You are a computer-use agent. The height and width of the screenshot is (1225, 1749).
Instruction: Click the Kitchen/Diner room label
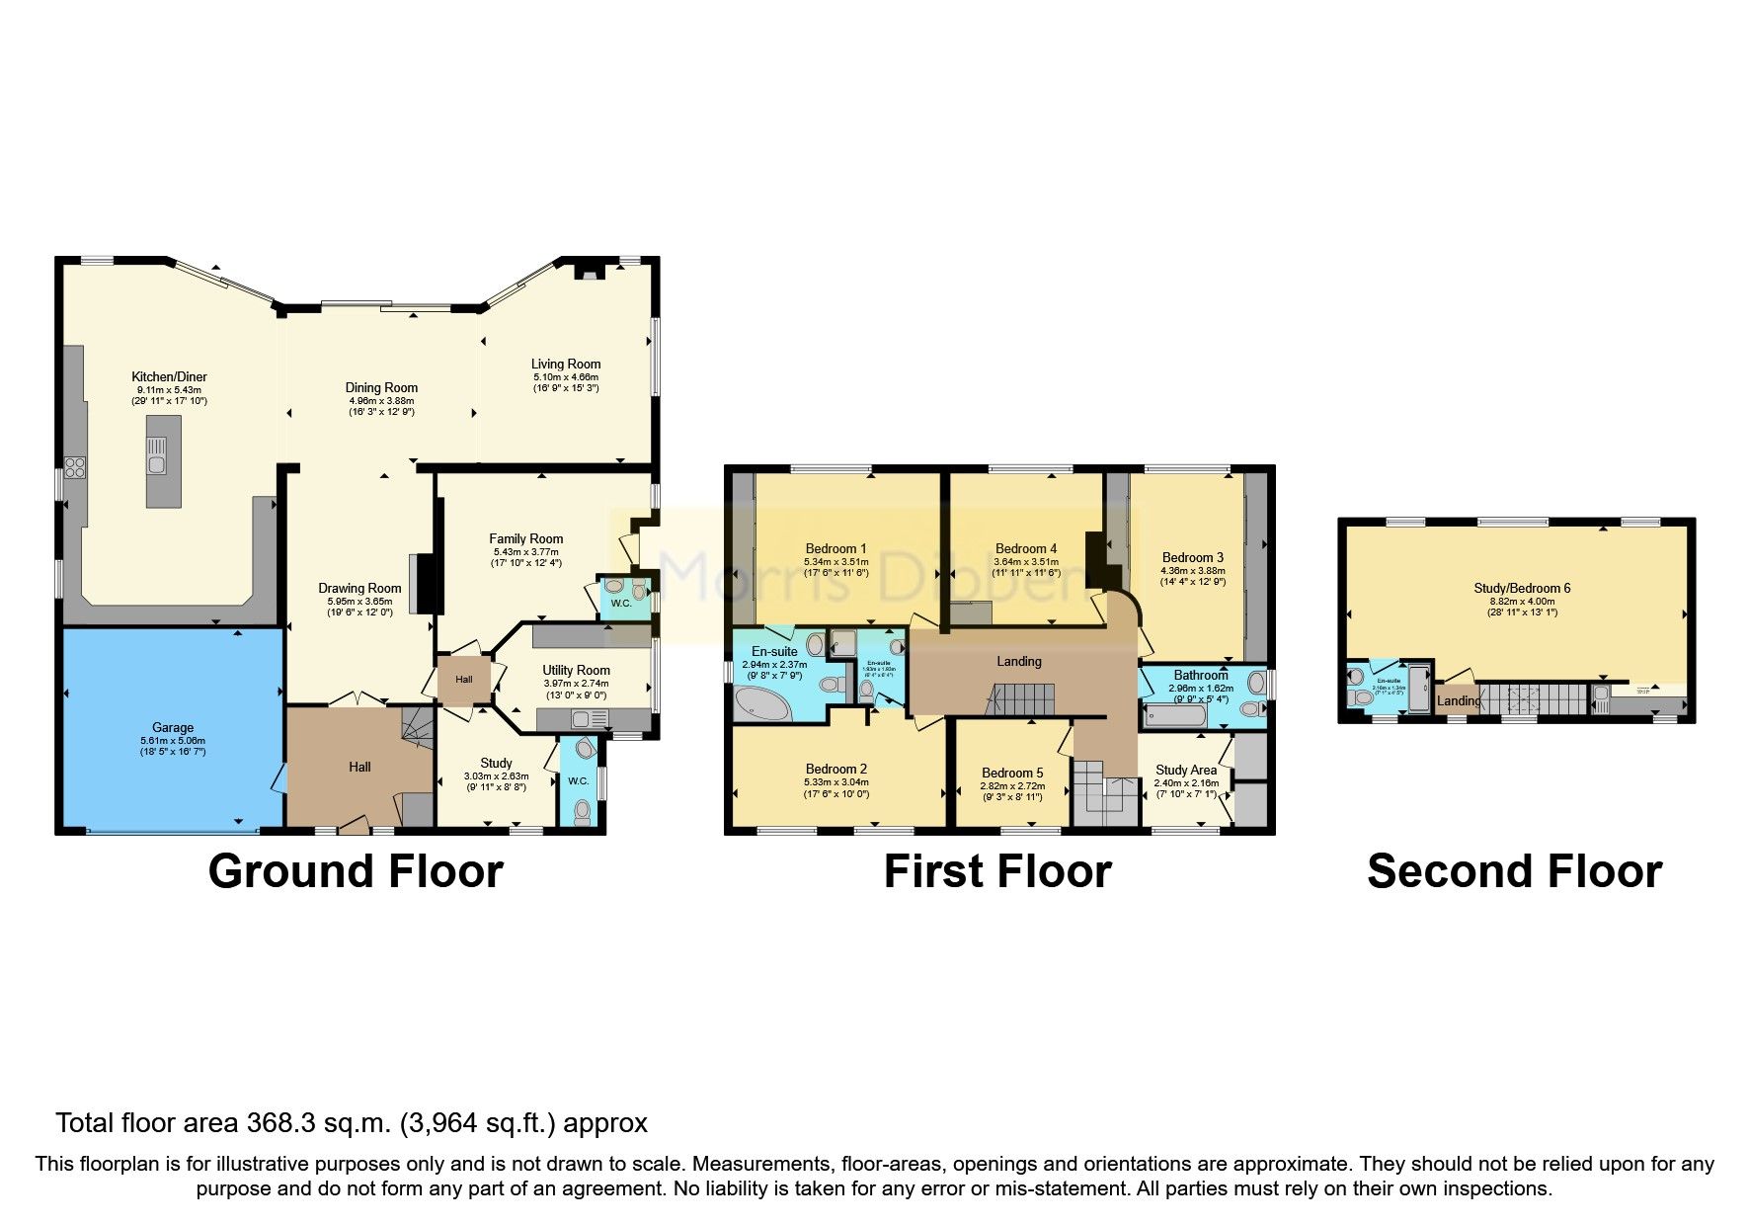[x=169, y=376]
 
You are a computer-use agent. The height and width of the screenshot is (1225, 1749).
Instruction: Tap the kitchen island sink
[x=157, y=464]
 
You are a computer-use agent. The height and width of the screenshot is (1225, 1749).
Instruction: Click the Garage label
[x=173, y=727]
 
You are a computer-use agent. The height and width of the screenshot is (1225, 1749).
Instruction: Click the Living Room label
[x=566, y=364]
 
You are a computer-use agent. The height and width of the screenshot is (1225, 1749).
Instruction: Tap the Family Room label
[x=526, y=538]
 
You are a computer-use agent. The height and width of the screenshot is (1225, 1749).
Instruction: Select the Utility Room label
[x=576, y=670]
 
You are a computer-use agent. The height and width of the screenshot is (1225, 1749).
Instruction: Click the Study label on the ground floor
[x=496, y=763]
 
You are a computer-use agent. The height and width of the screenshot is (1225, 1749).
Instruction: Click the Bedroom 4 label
[x=1026, y=548]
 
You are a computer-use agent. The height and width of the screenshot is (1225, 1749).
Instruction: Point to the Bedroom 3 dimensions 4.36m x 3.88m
[x=1193, y=570]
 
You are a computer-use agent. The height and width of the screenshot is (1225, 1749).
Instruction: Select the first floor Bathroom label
[x=1201, y=676]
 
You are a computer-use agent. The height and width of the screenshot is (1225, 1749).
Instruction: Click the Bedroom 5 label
[x=1012, y=773]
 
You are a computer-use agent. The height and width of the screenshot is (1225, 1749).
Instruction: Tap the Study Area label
[x=1186, y=770]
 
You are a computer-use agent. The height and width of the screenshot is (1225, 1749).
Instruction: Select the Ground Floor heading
[x=356, y=871]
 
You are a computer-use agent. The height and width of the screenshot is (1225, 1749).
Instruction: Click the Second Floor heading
[x=1514, y=871]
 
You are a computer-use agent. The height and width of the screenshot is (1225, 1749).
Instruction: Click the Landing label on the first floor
[x=1018, y=661]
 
